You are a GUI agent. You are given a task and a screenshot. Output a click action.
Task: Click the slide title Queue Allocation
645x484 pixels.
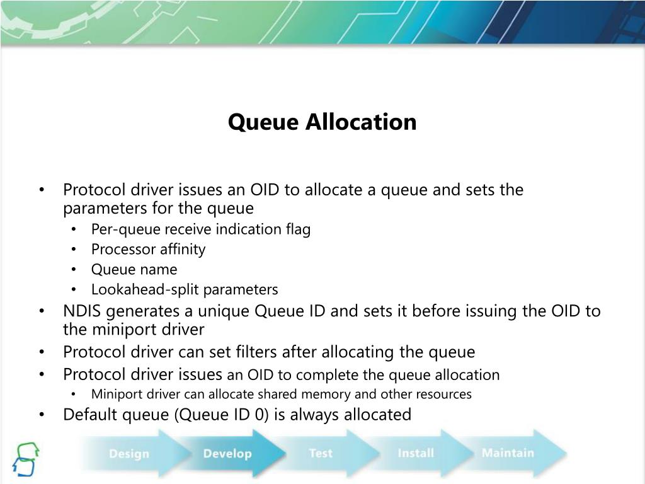pos(322,122)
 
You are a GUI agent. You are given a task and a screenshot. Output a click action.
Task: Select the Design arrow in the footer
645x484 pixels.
pos(129,454)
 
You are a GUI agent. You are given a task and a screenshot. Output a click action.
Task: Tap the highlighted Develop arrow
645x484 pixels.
pos(227,454)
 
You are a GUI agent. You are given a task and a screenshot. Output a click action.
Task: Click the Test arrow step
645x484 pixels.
pos(321,453)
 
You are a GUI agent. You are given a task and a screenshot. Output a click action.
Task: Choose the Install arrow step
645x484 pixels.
pos(416,453)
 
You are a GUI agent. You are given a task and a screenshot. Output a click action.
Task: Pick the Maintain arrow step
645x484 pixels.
pos(507,452)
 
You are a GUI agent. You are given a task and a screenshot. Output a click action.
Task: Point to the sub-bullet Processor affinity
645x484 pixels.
pos(148,250)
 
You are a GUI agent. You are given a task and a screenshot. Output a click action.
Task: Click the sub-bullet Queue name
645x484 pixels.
pos(134,270)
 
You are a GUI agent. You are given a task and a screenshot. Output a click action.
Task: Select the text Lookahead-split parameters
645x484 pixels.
pos(185,290)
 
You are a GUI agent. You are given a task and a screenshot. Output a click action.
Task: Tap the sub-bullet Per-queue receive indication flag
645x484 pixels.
pos(201,229)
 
